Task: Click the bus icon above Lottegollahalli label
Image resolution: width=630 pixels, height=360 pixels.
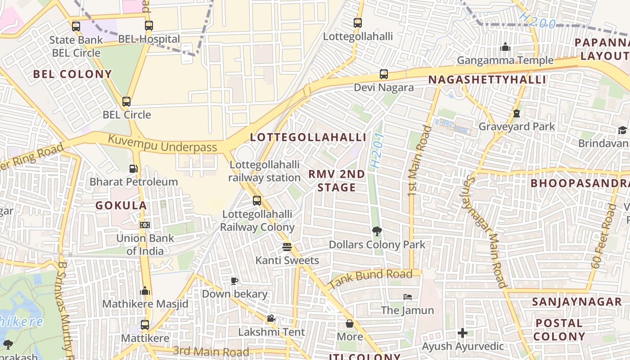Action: tap(358, 23)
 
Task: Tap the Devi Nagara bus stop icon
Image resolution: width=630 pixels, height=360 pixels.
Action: tap(383, 74)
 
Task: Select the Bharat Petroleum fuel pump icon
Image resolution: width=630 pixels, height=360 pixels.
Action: tap(134, 169)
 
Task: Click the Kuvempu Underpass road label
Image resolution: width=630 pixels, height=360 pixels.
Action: tap(162, 144)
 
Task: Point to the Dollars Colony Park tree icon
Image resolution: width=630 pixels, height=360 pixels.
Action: tap(377, 231)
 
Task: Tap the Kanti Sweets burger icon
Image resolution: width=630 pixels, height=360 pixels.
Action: tap(287, 247)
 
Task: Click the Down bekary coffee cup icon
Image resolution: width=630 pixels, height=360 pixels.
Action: tap(234, 281)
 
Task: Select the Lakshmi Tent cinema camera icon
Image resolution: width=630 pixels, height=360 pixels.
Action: tap(271, 319)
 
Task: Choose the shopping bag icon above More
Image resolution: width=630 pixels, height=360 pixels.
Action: tap(350, 324)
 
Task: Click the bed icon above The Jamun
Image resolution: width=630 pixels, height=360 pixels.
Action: tap(407, 297)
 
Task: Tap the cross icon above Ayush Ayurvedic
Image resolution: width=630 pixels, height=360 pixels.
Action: tap(462, 333)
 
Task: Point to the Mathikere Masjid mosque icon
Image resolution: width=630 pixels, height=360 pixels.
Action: tap(145, 291)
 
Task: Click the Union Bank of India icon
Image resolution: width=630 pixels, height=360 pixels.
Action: tap(145, 225)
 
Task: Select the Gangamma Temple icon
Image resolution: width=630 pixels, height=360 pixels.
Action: tap(505, 47)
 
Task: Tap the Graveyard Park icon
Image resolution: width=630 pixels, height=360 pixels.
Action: tap(517, 113)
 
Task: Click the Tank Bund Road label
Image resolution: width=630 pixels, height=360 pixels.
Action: tap(371, 279)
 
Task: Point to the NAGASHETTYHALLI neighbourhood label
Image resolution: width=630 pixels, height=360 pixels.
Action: tap(487, 80)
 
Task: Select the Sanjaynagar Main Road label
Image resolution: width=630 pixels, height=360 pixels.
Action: tap(485, 232)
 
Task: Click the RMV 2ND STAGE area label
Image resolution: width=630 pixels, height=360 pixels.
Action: tap(337, 181)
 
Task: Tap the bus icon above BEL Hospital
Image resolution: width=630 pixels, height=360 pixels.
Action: tap(149, 26)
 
